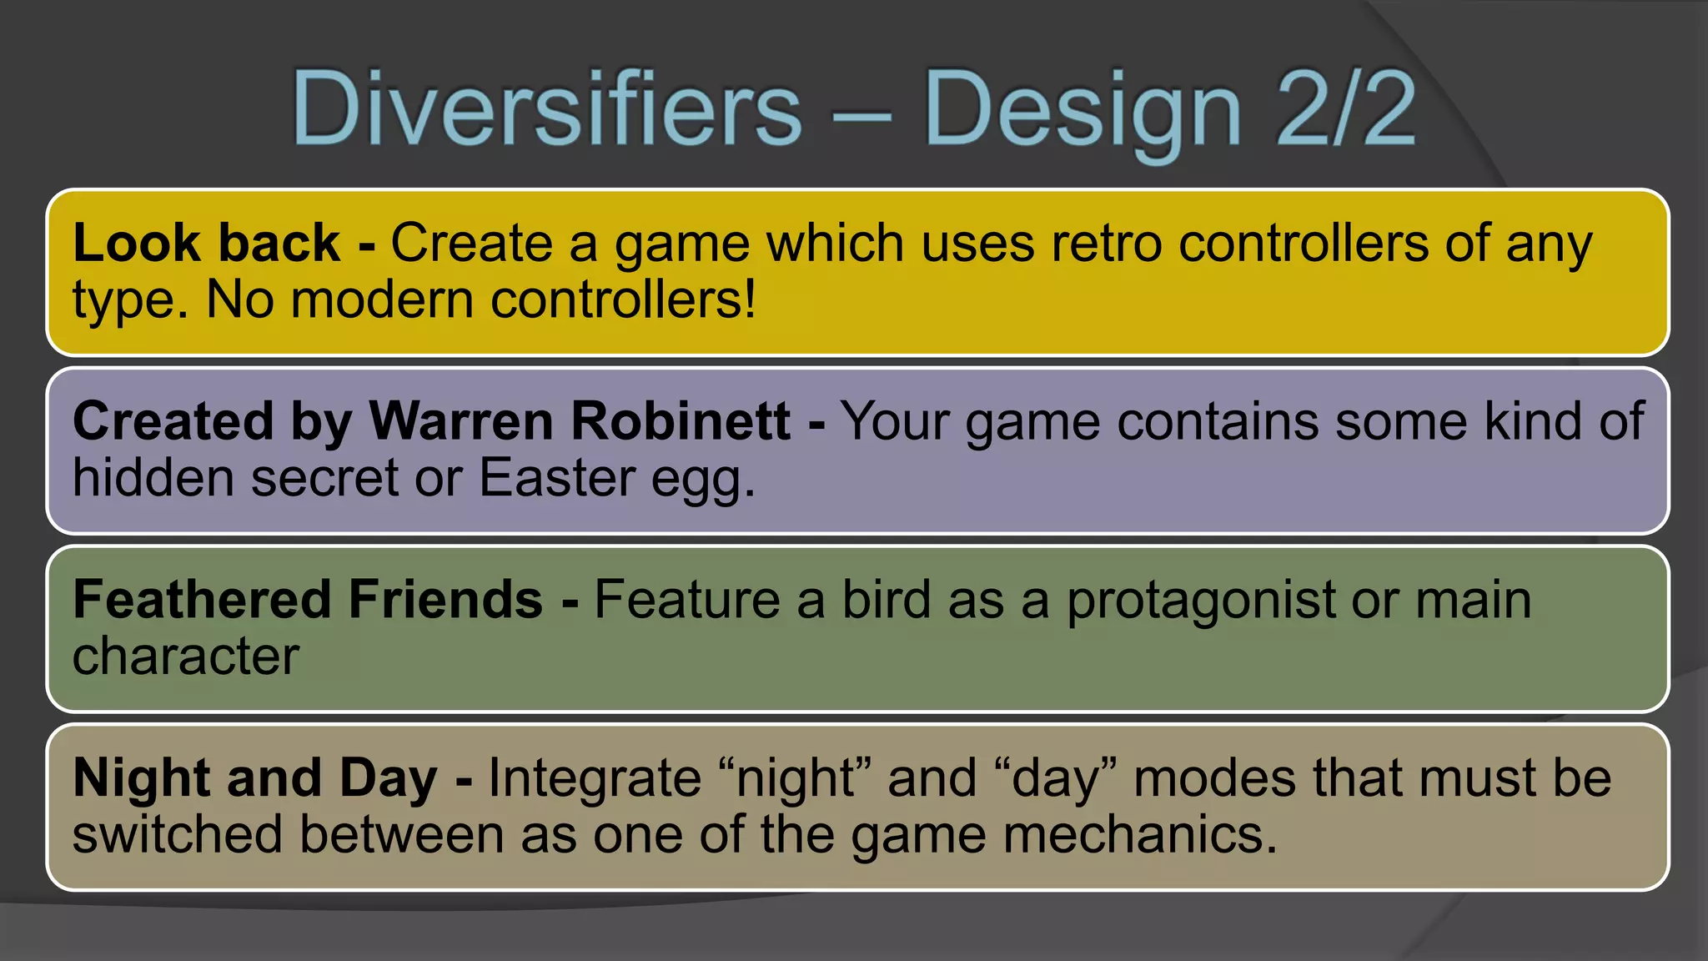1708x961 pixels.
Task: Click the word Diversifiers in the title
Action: tap(546, 109)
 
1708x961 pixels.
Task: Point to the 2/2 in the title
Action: tap(1345, 109)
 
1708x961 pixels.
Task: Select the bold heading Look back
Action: tap(206, 243)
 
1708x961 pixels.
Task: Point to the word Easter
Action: tap(557, 477)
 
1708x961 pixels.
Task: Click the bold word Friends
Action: tap(446, 599)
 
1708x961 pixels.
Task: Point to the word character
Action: tap(185, 656)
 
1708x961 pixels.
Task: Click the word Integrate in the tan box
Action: tap(595, 778)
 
